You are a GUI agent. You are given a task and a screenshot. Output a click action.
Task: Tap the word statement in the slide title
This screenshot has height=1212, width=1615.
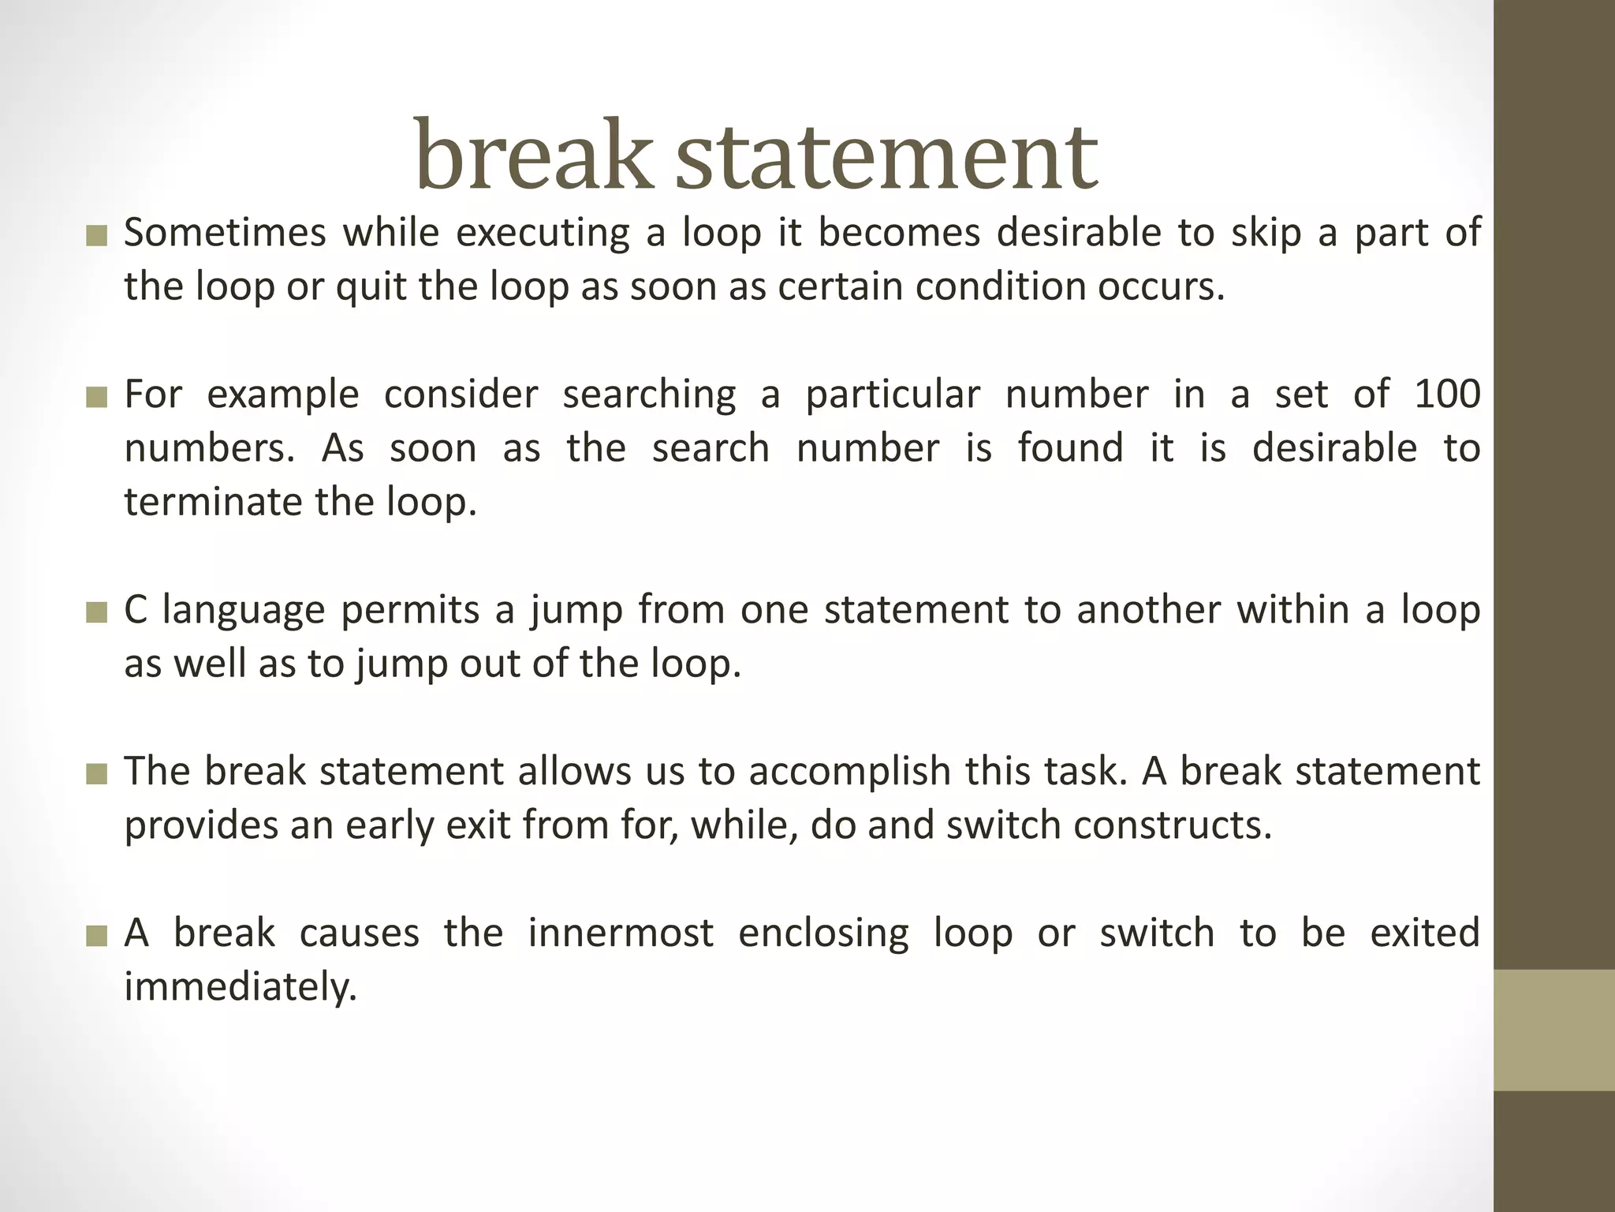(886, 155)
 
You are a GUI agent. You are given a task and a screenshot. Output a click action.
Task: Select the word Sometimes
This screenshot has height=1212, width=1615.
(225, 233)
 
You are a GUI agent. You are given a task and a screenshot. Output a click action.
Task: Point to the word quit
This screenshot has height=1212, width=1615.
(370, 286)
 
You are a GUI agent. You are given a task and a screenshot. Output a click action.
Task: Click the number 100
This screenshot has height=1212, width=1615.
(1448, 394)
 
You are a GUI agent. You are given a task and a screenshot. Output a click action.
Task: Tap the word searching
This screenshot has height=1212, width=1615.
(649, 394)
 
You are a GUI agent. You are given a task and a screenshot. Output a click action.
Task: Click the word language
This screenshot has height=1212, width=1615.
(244, 610)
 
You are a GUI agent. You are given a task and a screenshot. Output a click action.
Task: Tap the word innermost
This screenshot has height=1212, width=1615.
(621, 933)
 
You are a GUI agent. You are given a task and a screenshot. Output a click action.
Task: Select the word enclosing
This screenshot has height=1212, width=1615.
(823, 933)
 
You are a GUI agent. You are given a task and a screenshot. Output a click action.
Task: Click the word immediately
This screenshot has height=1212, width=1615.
(241, 986)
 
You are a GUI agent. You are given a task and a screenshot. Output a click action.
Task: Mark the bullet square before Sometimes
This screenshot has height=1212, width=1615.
(96, 236)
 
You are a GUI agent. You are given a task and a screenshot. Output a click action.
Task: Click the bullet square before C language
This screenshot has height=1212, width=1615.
(96, 613)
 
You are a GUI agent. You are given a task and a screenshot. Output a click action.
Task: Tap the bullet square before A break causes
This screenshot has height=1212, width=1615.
(96, 936)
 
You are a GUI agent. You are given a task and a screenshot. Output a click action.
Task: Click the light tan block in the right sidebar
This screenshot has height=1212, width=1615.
(1554, 1030)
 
